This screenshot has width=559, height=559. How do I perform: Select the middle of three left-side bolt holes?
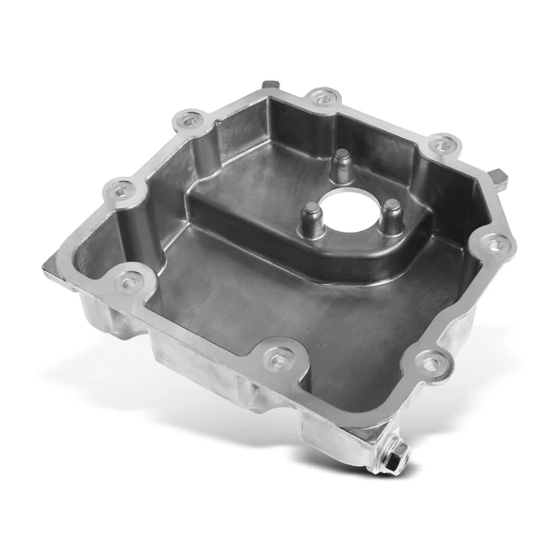pyautogui.click(x=117, y=190)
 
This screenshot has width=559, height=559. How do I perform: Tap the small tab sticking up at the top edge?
pyautogui.click(x=270, y=87)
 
